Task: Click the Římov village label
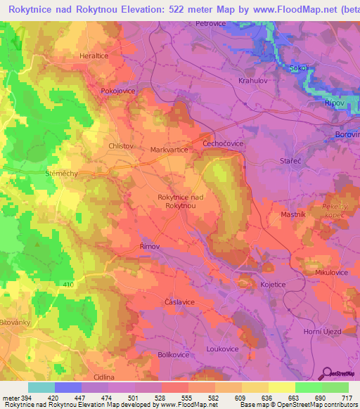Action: pos(150,247)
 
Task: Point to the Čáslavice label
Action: pos(179,301)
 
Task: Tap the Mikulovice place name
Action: pos(331,272)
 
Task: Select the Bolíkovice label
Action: pos(175,355)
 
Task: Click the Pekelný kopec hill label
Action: pos(336,210)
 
